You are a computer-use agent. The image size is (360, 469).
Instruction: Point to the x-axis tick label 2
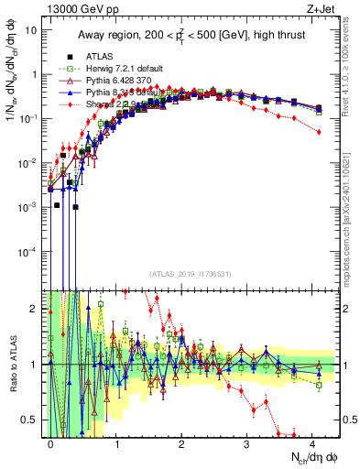(181, 442)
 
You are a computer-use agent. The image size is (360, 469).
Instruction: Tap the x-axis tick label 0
(51, 442)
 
